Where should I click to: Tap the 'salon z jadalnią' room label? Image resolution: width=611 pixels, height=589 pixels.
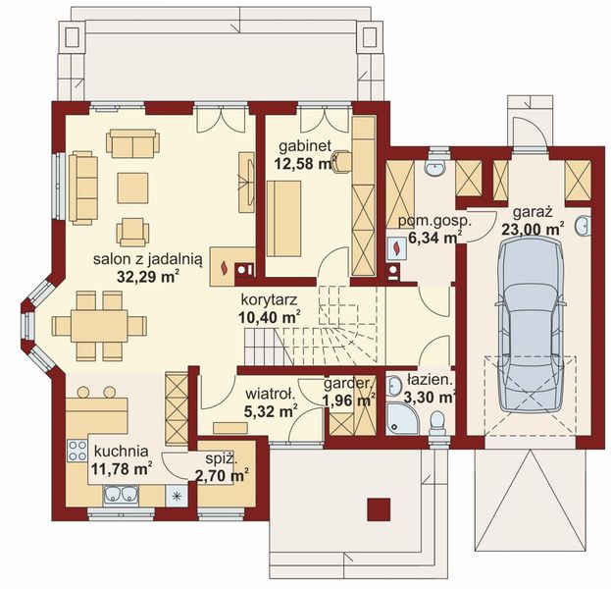tap(148, 259)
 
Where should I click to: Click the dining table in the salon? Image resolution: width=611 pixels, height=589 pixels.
tap(99, 326)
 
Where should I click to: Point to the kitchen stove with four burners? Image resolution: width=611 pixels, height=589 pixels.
tap(76, 451)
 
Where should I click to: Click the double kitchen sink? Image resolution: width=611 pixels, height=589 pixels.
tap(121, 494)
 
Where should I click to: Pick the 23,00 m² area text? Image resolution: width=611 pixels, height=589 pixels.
tap(533, 230)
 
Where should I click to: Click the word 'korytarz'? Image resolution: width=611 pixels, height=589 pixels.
tap(270, 300)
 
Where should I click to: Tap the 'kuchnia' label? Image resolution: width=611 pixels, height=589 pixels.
tap(122, 451)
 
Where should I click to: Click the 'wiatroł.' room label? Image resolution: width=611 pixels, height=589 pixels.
tap(270, 394)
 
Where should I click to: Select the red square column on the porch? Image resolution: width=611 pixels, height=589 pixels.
tap(379, 509)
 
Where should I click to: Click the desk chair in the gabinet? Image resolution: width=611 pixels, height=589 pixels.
tap(341, 162)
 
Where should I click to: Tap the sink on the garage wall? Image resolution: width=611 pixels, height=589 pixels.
tap(583, 226)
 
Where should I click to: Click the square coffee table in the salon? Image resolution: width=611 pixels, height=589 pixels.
tap(132, 188)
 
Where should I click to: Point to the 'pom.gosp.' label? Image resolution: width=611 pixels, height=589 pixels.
tap(434, 221)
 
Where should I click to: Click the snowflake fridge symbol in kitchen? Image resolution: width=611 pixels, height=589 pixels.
tap(177, 496)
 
